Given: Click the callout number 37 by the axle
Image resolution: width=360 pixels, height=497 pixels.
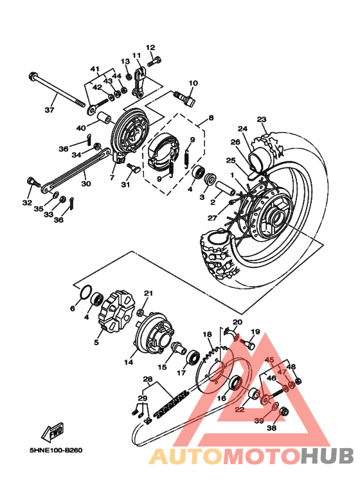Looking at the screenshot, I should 49,110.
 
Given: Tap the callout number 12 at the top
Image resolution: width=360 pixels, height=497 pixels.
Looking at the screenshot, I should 150,48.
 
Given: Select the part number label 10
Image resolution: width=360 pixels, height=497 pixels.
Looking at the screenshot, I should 193,83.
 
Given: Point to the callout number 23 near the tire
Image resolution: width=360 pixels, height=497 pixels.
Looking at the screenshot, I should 261,119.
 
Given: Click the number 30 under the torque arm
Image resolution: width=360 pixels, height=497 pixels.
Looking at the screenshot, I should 86,183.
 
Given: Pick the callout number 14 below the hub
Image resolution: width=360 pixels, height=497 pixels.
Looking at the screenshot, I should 129,363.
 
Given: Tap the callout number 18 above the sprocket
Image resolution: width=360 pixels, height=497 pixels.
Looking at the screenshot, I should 207,334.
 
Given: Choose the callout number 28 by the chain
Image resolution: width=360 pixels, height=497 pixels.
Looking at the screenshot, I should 147,379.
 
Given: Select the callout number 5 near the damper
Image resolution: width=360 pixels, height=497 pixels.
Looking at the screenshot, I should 96,343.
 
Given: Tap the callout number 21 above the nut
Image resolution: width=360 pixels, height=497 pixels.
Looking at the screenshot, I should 148,293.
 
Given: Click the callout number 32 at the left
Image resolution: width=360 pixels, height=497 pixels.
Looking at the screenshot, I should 26,203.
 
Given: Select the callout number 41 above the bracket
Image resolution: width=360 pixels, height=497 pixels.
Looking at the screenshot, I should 94,69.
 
